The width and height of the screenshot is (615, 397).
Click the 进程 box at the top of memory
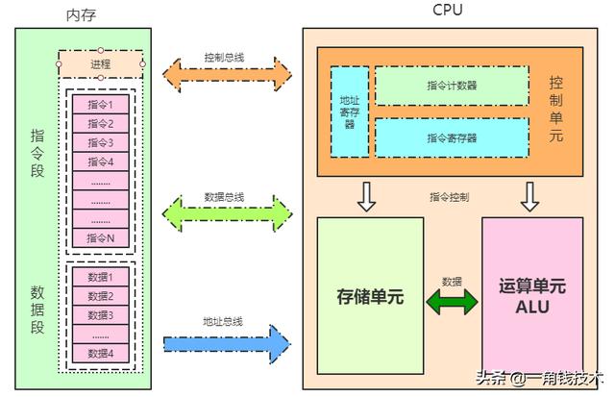(x=101, y=64)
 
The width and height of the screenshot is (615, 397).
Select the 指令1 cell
(x=101, y=105)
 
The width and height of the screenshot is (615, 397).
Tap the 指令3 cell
(x=101, y=142)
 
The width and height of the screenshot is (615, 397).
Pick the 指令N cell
(x=101, y=237)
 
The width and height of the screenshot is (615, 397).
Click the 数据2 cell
(x=101, y=296)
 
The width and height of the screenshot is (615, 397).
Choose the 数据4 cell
(x=101, y=353)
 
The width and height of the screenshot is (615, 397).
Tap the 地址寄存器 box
(x=349, y=112)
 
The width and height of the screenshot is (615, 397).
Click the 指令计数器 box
(x=452, y=86)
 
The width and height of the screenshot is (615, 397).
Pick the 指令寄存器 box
(x=452, y=137)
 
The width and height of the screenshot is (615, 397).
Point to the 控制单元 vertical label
(x=556, y=110)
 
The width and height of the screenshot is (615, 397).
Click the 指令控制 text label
(x=450, y=197)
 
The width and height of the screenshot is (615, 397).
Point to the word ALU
(x=532, y=306)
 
